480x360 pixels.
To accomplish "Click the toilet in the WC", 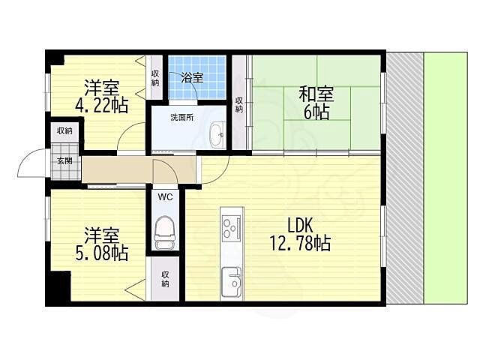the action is pos(165,232).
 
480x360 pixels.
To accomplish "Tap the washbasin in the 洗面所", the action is pos(217,135).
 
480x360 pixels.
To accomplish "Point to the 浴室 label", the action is pos(192,77).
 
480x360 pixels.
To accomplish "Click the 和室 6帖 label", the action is pos(316,103).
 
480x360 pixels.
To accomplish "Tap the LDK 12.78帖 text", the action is pos(300,235).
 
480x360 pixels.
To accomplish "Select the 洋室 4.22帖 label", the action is pos(102,96).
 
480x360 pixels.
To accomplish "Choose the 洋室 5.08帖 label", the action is pos(102,244).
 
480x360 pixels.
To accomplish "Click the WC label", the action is pos(165,196).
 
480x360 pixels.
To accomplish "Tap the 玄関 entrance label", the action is pos(65,160).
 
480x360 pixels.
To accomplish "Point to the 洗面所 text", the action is pos(181,117).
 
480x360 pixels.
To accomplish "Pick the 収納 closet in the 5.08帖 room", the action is pos(165,278).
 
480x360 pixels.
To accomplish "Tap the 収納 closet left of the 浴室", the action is pos(155,77).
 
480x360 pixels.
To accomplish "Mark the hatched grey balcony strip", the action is pos(405,178).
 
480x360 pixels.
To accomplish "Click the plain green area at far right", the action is pos(445,178).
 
